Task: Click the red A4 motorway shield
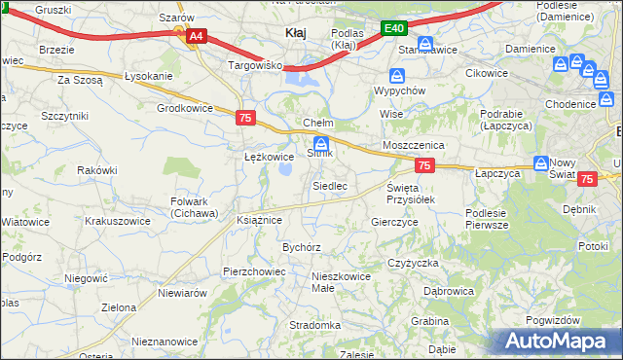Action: pos(196,36)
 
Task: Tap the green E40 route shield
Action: pos(393,29)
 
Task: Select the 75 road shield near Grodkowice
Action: pos(246,117)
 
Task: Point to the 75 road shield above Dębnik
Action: pos(587,179)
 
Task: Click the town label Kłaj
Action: pos(296,33)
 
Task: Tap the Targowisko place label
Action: pos(254,65)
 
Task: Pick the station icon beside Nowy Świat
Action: pos(540,164)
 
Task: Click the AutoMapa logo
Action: pos(558,342)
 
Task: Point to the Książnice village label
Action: pos(259,220)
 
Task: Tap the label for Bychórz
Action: pos(302,247)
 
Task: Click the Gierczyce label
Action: pos(394,222)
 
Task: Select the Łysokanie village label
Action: pos(149,77)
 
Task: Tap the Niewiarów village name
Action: pos(182,292)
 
